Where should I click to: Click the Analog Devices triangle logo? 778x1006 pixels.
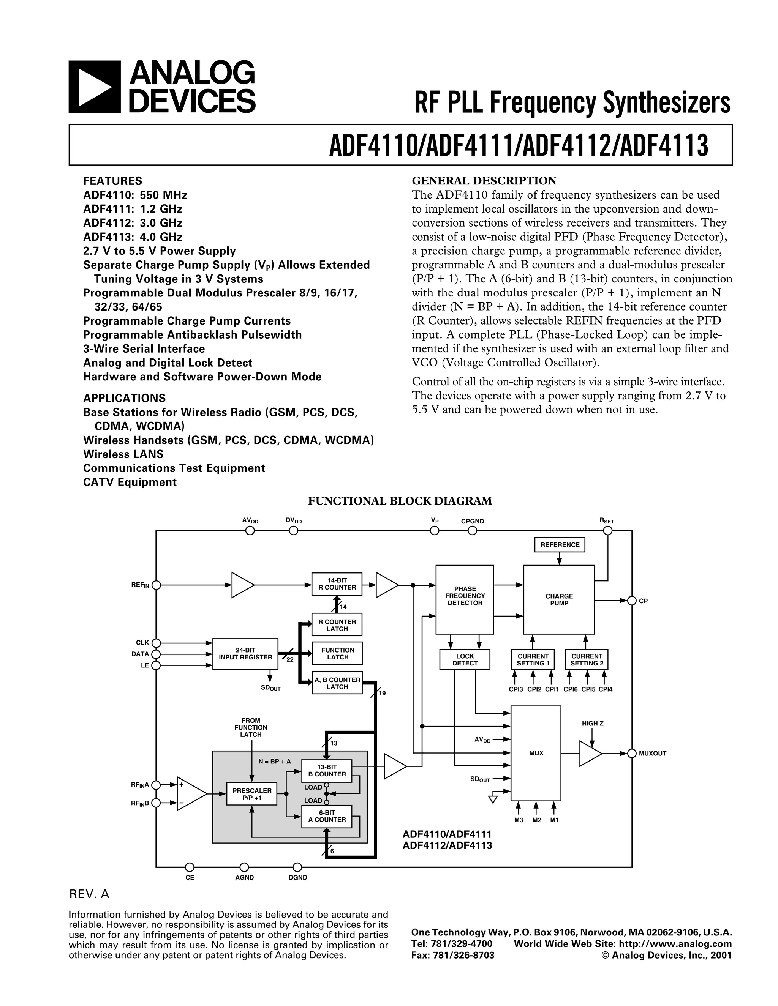pos(95,87)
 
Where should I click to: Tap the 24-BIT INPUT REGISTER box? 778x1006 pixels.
pos(245,654)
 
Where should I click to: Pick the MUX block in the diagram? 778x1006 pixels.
pos(536,753)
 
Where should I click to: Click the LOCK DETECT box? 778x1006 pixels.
pos(465,660)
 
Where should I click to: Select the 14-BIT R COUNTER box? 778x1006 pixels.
pos(337,584)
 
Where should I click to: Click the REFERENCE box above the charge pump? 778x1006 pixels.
pos(560,544)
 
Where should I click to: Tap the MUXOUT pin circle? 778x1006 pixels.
pos(631,753)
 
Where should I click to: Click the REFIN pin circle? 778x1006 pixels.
pos(156,585)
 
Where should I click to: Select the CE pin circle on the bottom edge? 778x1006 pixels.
pos(190,867)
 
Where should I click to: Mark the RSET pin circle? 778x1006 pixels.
pos(608,531)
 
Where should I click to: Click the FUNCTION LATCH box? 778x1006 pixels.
pos(337,654)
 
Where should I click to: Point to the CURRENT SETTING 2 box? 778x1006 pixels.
pos(587,660)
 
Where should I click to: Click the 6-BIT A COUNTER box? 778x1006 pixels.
pos(327,816)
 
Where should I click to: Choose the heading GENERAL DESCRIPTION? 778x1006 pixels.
pos(484,181)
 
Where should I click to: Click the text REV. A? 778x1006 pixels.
pos(89,894)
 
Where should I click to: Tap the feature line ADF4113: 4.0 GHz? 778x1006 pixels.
pos(133,237)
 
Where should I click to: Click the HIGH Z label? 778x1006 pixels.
pos(592,724)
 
